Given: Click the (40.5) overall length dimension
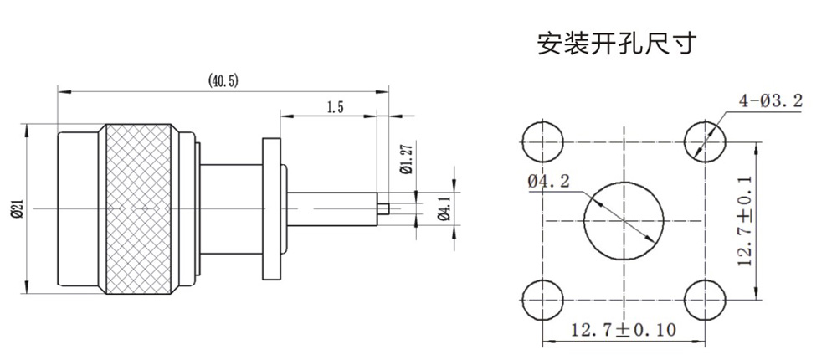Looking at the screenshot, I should pos(223,80).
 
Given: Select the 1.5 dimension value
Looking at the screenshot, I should pos(335,107).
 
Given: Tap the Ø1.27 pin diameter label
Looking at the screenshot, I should pos(406,158).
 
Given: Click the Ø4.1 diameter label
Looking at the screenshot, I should pos(444,207).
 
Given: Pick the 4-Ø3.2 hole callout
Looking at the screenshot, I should pos(770,101).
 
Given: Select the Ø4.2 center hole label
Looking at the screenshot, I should pos(548,179).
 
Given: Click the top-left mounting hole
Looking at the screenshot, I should pos(542,141).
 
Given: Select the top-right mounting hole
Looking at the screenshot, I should pos(705,141).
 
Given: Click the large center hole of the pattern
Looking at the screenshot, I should pos(624,221).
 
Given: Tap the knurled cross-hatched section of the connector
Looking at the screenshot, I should pos(138,208).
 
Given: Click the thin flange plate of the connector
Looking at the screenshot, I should pos(270,208).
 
